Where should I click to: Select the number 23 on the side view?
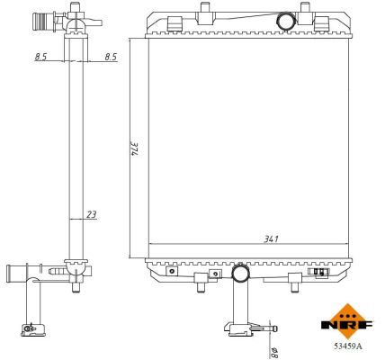pyautogui.click(x=92, y=214)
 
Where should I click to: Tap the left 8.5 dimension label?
pyautogui.click(x=41, y=57)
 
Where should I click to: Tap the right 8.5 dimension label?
pyautogui.click(x=110, y=57)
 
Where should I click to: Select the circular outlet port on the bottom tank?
pyautogui.click(x=241, y=271)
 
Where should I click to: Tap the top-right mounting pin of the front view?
pyautogui.click(x=306, y=11)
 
